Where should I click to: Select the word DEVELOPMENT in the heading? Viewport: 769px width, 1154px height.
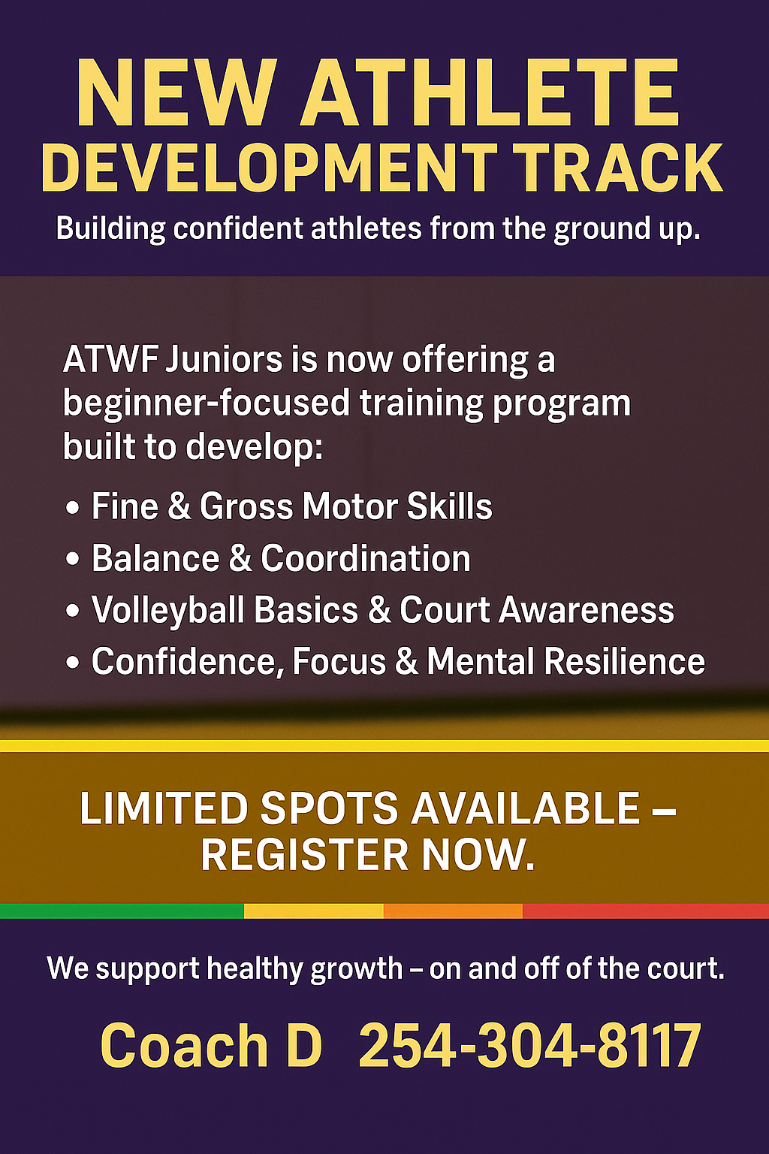tap(270, 168)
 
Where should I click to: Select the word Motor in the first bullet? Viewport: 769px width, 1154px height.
tap(350, 507)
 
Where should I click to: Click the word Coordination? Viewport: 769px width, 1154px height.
tap(365, 558)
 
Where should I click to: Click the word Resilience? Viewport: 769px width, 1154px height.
tap(624, 661)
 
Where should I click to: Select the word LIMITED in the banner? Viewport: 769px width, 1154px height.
tap(163, 809)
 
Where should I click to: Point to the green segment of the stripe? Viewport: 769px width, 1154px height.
tap(122, 911)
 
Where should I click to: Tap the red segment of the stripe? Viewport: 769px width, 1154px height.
tap(646, 911)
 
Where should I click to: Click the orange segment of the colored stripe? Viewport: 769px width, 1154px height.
tap(454, 911)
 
